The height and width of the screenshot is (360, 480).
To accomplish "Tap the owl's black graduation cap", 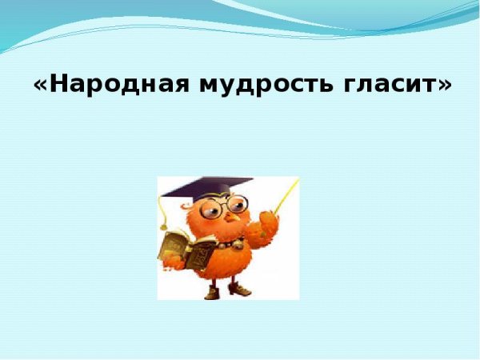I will point(204,189).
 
